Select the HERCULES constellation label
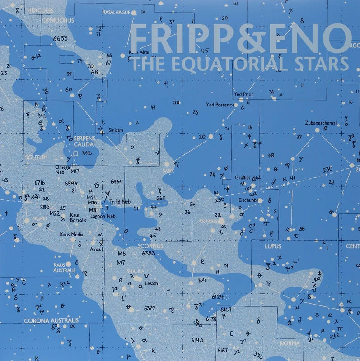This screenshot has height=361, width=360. (x=40, y=9)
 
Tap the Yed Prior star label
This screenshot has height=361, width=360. (x=244, y=94)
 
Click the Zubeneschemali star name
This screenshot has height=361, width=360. (x=322, y=122)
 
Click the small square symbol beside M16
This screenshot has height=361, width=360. (x=75, y=154)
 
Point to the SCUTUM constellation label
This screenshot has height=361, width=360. (x=37, y=157)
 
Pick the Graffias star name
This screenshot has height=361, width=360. (x=243, y=177)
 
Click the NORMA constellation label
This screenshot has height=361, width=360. (x=289, y=344)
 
